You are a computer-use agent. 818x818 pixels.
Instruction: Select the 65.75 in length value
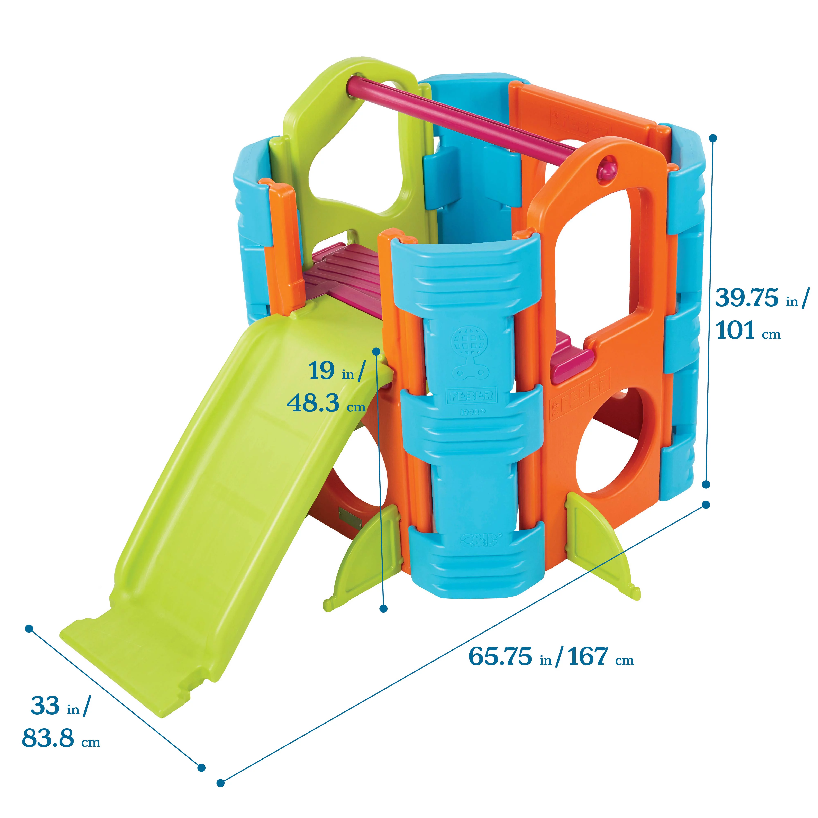pos(500,657)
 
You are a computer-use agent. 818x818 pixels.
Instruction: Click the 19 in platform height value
pos(322,371)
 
